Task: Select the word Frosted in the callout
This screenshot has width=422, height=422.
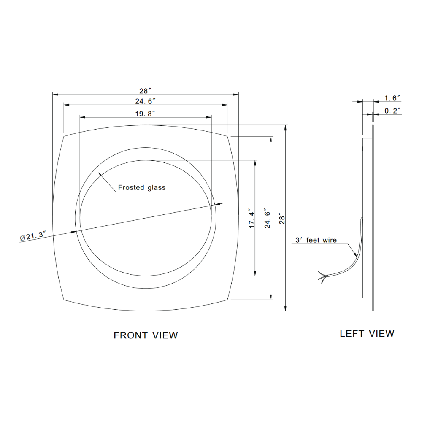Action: coord(130,187)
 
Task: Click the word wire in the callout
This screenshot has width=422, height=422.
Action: coord(330,240)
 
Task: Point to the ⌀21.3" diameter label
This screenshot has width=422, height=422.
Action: coord(32,236)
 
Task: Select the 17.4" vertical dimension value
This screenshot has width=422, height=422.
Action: coord(251,219)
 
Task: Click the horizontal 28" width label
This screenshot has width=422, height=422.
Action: coord(145,91)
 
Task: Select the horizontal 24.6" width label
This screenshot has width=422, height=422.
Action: coord(145,101)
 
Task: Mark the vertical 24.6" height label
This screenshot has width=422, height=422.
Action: coord(267,219)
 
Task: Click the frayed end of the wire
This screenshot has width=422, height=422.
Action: coord(322,278)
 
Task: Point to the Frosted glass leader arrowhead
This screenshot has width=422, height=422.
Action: coord(100,174)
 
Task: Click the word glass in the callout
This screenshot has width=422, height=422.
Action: coord(156,187)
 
